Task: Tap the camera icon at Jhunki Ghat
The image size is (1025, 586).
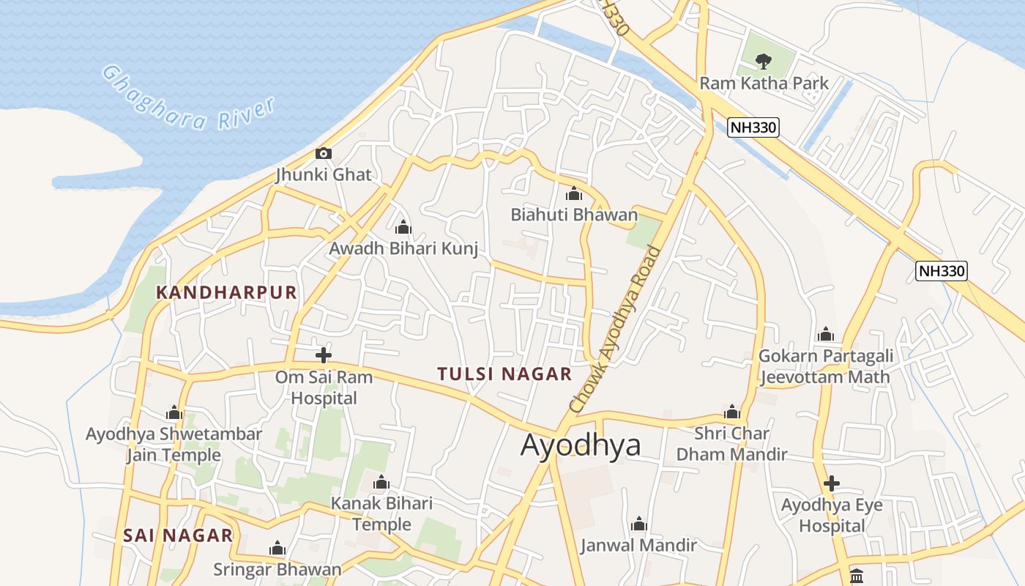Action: (x=323, y=154)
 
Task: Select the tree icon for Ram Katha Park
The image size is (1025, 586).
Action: (x=763, y=60)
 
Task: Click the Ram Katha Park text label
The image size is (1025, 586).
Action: (x=764, y=83)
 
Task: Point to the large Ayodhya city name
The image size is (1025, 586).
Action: (x=581, y=445)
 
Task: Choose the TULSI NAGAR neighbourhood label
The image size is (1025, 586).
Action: (x=504, y=374)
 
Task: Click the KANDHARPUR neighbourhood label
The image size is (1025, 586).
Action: (x=227, y=293)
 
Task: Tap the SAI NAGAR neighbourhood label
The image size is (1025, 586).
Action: (x=178, y=535)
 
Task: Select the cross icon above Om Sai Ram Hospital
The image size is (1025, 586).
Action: (x=323, y=355)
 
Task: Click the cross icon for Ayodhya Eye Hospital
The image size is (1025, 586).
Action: (x=831, y=483)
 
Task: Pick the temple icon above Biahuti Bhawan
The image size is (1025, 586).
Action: (x=574, y=194)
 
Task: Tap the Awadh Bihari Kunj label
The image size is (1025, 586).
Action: (x=403, y=248)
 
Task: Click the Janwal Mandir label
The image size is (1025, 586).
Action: (x=638, y=545)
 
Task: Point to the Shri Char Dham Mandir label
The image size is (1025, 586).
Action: (x=731, y=444)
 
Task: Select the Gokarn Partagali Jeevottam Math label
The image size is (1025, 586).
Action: (x=826, y=366)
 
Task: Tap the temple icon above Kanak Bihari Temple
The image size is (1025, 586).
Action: (x=381, y=483)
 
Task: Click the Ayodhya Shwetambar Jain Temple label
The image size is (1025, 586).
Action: (x=174, y=445)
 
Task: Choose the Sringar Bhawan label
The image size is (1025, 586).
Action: (x=277, y=569)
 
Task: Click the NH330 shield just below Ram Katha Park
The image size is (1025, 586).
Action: (x=753, y=127)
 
